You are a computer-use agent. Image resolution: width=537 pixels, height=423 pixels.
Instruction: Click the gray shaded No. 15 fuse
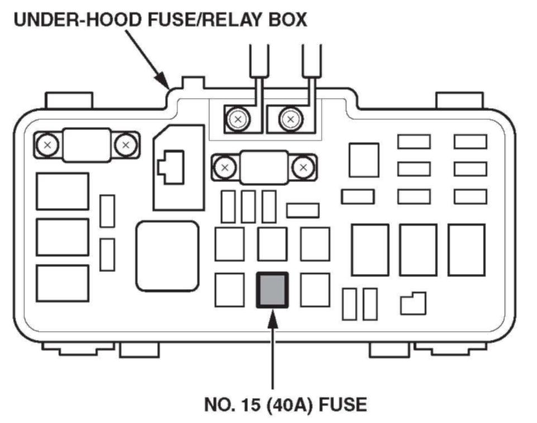click(272, 289)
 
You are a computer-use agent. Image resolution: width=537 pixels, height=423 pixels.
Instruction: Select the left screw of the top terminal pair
click(238, 119)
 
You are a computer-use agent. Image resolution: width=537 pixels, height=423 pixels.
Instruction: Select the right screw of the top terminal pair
click(289, 119)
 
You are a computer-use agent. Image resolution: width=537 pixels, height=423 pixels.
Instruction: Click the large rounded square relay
click(167, 255)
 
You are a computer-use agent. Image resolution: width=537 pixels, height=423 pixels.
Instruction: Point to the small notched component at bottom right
click(413, 303)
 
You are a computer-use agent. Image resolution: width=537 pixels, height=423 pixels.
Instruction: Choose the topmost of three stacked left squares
click(62, 191)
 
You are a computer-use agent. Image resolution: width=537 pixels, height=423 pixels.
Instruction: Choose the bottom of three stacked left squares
click(62, 283)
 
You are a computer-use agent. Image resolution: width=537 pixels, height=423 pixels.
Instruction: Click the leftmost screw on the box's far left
click(47, 145)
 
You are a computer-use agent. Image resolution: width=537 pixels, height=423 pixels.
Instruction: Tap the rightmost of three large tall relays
click(466, 250)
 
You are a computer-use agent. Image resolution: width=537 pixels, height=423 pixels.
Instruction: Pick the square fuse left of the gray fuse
click(229, 289)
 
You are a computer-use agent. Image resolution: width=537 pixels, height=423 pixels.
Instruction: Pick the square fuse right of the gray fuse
click(315, 289)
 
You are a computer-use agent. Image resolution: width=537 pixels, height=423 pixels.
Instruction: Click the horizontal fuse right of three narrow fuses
click(302, 210)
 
